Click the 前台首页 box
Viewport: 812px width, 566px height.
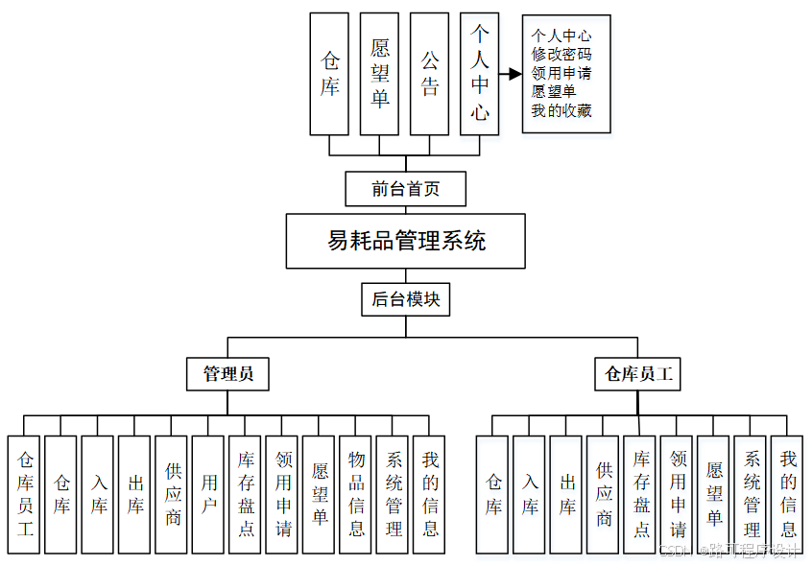tap(405, 189)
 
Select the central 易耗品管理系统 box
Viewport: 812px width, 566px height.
tap(405, 241)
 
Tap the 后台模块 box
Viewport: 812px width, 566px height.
tap(405, 299)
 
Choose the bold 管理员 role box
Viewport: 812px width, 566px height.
tap(227, 374)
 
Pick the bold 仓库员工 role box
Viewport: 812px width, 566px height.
tap(637, 374)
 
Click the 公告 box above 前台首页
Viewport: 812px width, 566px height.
tap(429, 74)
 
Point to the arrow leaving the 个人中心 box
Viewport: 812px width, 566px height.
tap(510, 73)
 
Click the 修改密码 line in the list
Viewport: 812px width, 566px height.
tap(561, 55)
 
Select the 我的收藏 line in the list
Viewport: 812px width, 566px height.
tap(561, 110)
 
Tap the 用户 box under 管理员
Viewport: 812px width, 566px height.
tap(208, 495)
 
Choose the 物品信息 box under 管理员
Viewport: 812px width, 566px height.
tap(356, 495)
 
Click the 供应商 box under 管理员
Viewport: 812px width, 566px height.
tap(172, 495)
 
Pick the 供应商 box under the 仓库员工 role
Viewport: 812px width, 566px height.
tap(604, 495)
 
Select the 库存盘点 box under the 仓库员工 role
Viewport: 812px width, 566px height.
tap(640, 495)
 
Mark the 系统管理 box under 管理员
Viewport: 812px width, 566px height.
tap(394, 495)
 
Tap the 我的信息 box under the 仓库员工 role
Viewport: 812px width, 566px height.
tap(788, 495)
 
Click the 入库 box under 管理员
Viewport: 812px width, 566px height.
tap(98, 495)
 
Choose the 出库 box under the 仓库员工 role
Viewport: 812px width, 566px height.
tap(566, 495)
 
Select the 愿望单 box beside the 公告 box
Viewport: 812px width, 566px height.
tap(379, 74)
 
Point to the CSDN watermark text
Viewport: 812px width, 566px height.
tap(729, 551)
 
